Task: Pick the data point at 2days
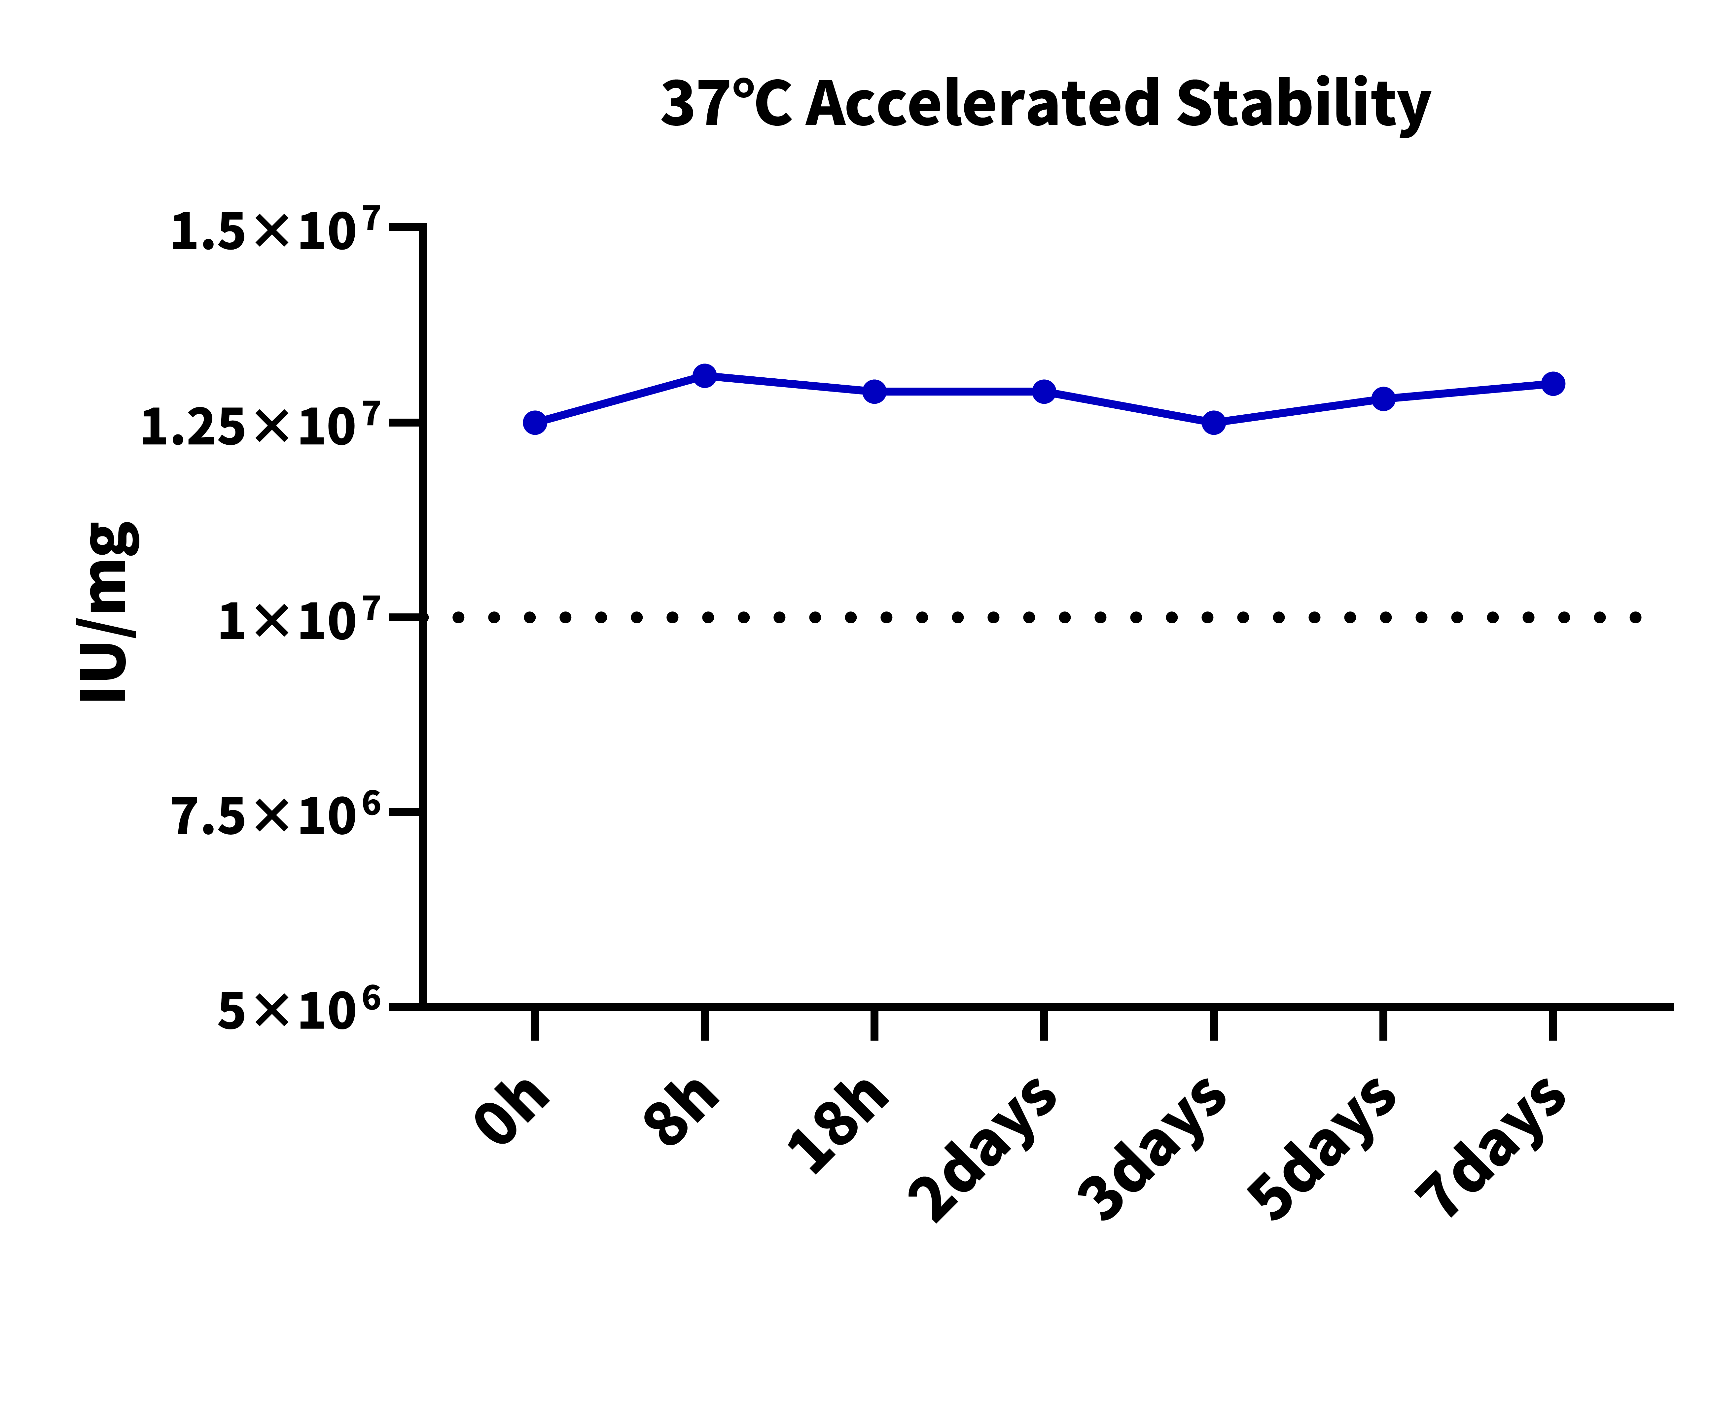tap(1044, 392)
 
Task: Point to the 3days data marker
tap(1213, 423)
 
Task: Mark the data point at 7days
tap(1553, 384)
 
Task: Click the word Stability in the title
tap(1303, 104)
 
